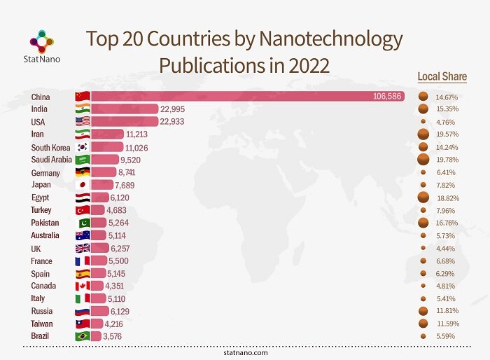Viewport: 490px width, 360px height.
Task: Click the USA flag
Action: point(83,121)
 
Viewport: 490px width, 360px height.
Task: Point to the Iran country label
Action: point(38,134)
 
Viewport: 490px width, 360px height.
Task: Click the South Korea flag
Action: point(83,147)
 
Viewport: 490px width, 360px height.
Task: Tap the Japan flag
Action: point(83,185)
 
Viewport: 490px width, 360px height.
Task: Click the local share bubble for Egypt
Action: point(423,198)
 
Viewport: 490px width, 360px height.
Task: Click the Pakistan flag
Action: point(83,223)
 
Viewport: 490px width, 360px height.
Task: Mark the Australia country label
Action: point(45,235)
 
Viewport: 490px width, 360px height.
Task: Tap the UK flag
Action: point(83,248)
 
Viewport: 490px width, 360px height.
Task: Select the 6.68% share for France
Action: point(447,261)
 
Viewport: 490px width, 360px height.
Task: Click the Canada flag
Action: point(83,286)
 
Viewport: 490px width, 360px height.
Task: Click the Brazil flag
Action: point(83,336)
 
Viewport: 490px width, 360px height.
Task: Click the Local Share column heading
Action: point(442,76)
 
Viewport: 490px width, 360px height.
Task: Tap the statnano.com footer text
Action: point(246,353)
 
